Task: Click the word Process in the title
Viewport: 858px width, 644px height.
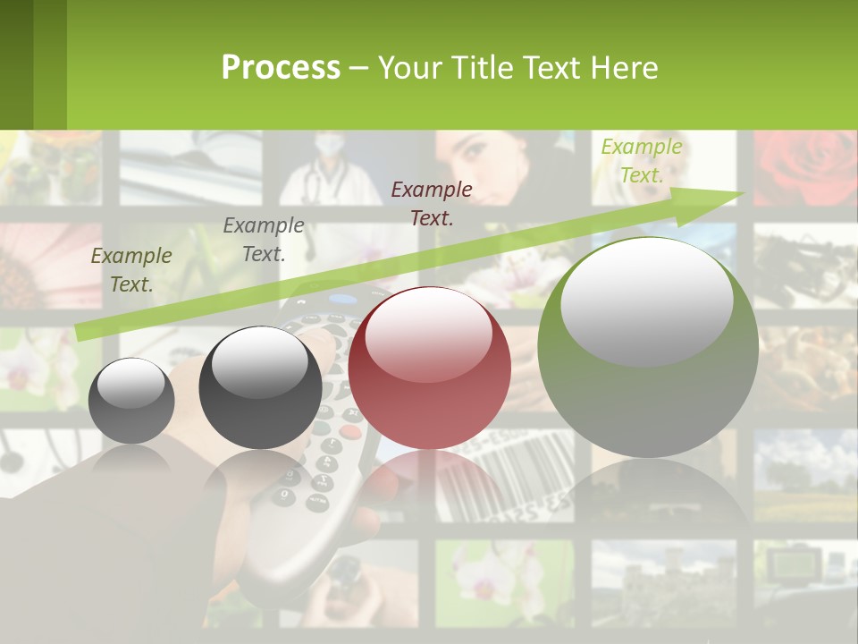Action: click(281, 67)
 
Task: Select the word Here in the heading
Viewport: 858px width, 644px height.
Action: click(626, 67)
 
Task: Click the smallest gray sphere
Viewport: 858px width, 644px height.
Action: click(131, 401)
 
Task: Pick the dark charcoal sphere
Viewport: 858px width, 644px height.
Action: click(260, 387)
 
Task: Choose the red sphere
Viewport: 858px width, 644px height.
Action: click(429, 368)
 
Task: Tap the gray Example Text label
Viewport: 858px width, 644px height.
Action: click(263, 240)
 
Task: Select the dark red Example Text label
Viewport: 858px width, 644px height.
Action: click(432, 203)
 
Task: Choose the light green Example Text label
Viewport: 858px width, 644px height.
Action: click(641, 161)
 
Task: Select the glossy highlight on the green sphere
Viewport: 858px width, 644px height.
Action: click(646, 301)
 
